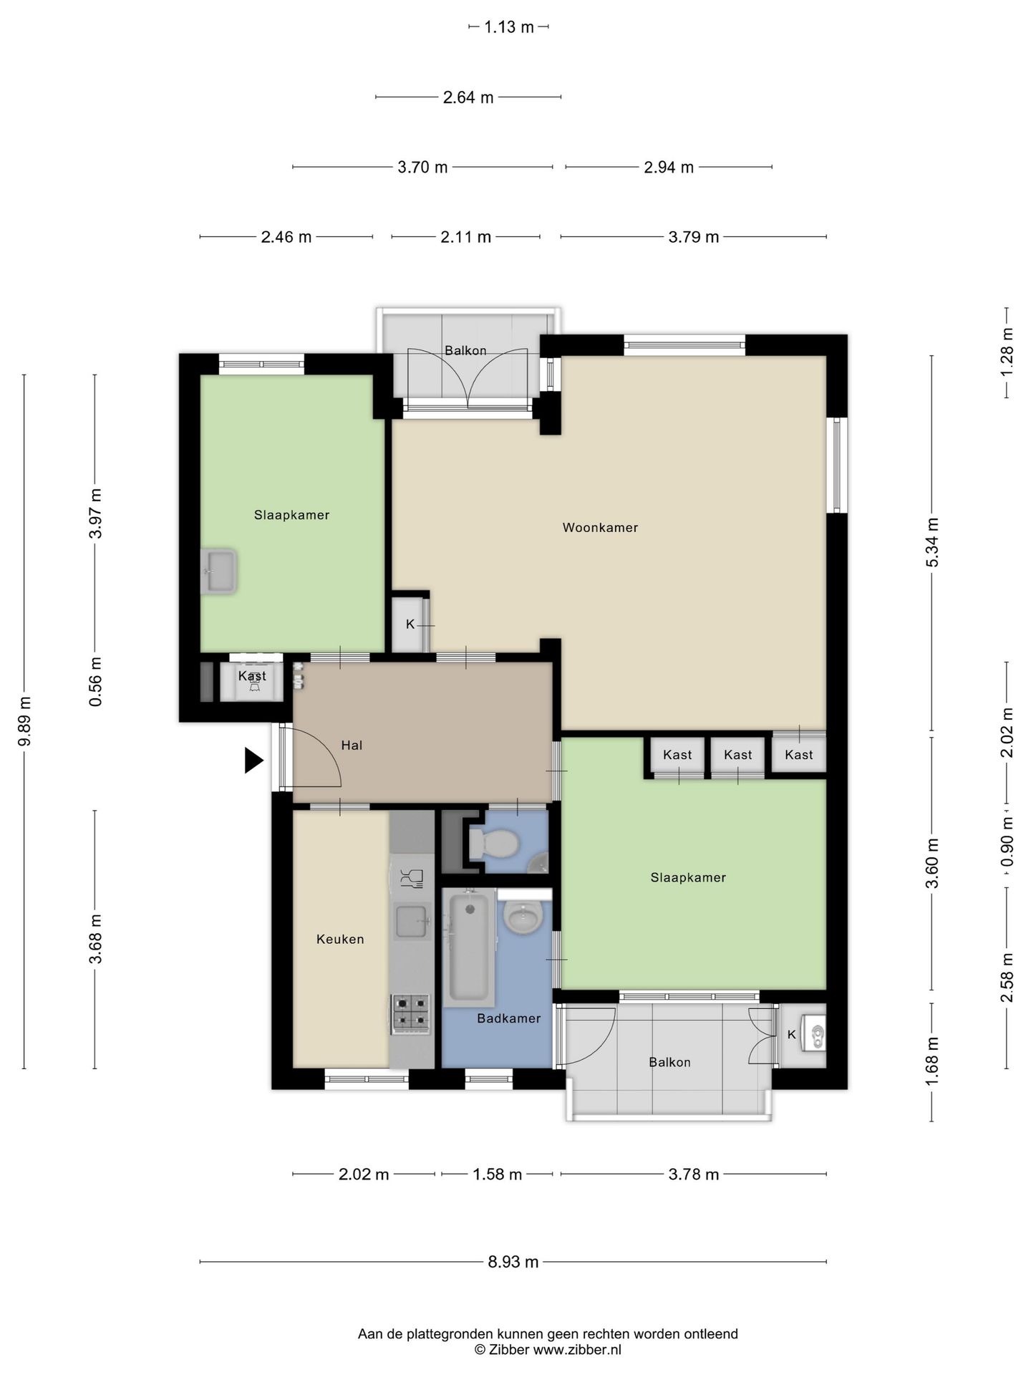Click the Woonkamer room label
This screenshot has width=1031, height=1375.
pos(600,528)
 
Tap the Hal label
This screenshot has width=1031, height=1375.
pos(352,746)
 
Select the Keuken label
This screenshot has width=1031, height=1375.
pos(340,940)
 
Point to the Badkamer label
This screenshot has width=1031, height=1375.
pos(509,1018)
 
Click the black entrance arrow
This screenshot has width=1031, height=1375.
pos(253,760)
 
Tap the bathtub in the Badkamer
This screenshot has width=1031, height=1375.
pos(470,947)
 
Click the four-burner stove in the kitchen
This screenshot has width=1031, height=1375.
pos(410,1014)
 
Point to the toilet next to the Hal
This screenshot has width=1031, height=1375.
pos(493,843)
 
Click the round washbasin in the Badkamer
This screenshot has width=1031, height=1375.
pos(523,916)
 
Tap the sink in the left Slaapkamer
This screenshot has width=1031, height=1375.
pos(218,571)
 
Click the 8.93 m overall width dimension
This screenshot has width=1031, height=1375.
pos(513,1262)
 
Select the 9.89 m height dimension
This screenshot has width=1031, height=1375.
pos(24,721)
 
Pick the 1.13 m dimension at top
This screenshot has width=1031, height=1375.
pos(509,27)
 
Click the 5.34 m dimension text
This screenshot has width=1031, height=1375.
pos(932,542)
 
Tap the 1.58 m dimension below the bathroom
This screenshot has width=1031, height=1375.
pos(497,1174)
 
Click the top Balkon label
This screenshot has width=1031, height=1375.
pos(465,351)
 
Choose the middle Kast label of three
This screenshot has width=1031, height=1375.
pos(738,755)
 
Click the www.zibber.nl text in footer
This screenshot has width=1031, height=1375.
pos(577,1350)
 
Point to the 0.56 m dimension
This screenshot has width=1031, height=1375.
pos(95,682)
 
